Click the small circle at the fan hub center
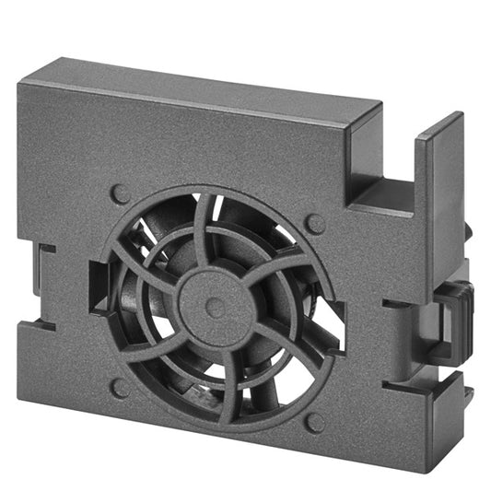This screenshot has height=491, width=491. click(215, 308)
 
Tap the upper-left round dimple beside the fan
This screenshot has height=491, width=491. click(120, 193)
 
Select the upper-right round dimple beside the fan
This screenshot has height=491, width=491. click(315, 224)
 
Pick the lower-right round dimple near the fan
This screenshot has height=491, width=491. click(314, 422)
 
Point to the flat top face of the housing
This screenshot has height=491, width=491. click(203, 83)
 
